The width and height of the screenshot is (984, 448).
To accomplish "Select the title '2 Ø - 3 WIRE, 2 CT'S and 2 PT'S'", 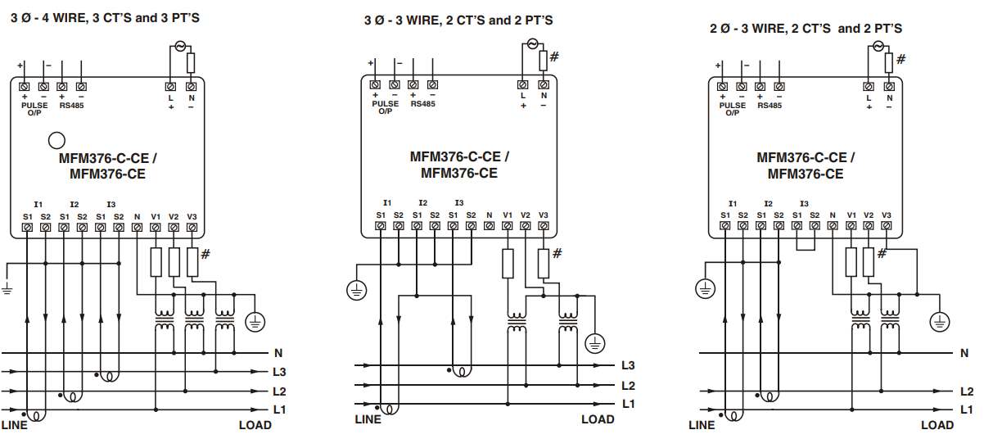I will [806, 29].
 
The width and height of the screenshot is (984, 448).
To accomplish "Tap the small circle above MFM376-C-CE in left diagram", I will [56, 139].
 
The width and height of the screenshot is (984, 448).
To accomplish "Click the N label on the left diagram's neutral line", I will [278, 354].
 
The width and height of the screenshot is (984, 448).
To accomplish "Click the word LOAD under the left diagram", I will [255, 425].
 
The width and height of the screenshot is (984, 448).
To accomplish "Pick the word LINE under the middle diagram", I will [368, 419].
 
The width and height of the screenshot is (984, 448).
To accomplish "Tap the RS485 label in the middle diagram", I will [422, 104].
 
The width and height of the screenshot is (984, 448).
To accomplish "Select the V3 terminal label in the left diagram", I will [192, 217].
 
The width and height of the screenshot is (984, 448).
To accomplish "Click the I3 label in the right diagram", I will [805, 204].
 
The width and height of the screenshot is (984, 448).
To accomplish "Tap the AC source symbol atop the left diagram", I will [180, 47].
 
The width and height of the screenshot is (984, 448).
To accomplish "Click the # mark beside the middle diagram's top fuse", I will [554, 57].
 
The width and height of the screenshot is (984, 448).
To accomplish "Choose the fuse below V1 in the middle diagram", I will [508, 264].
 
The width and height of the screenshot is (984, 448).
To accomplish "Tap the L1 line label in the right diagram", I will [966, 410].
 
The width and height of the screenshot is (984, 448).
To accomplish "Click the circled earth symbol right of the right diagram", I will [940, 322].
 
